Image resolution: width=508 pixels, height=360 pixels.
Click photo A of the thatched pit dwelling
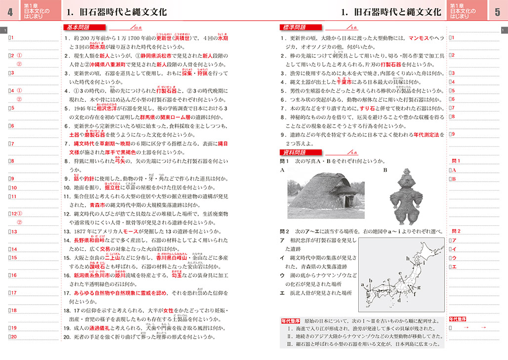click(x=326, y=193)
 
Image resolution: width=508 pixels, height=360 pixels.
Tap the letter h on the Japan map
click(x=407, y=258)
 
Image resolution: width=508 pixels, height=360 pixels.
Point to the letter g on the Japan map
click(x=419, y=287)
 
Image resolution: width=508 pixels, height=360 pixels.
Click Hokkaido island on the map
click(x=428, y=252)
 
